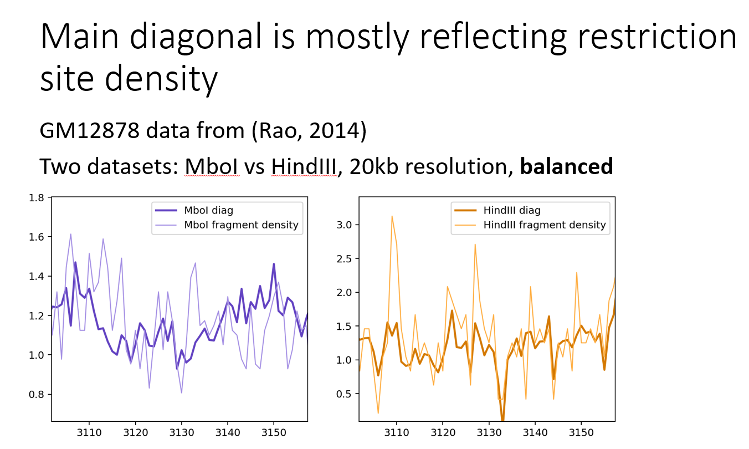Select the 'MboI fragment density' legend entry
pos(241,225)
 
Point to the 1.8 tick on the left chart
pos(37,197)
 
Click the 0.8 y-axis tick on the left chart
pos(37,395)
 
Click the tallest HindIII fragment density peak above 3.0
pos(392,216)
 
